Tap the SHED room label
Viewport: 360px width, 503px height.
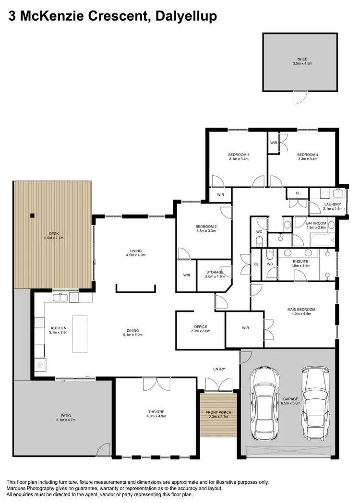tap(302, 59)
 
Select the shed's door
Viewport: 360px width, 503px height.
tap(300, 97)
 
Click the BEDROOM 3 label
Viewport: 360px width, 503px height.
tap(239, 154)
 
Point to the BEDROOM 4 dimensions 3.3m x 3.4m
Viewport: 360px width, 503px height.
tap(308, 159)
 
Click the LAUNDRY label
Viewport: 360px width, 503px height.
tap(333, 204)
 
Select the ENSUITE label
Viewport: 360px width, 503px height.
tap(300, 262)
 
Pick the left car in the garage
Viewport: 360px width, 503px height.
tap(265, 400)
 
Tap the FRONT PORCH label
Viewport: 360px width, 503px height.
tap(218, 412)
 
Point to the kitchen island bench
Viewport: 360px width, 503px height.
tap(80, 333)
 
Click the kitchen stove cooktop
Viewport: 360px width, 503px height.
tap(40, 365)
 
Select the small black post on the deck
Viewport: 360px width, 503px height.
tap(33, 216)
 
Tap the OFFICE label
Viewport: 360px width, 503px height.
tap(200, 326)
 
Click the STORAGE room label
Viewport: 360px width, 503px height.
tap(215, 272)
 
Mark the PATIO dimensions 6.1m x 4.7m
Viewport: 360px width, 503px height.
tap(63, 420)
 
